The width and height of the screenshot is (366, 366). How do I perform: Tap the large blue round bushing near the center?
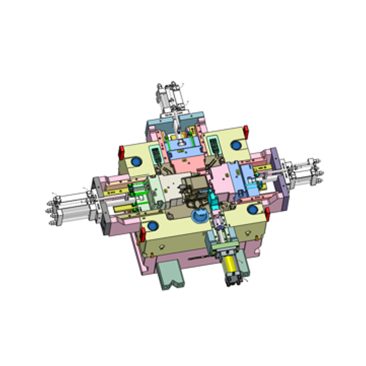pyautogui.click(x=199, y=215)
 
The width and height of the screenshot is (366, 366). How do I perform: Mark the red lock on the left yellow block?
pyautogui.click(x=122, y=151)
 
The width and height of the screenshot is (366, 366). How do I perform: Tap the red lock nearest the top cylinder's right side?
pyautogui.click(x=246, y=131)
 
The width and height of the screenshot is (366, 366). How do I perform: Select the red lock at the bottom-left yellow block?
pyautogui.click(x=142, y=234)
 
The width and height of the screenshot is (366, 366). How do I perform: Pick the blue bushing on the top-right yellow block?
pyautogui.click(x=236, y=145)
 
